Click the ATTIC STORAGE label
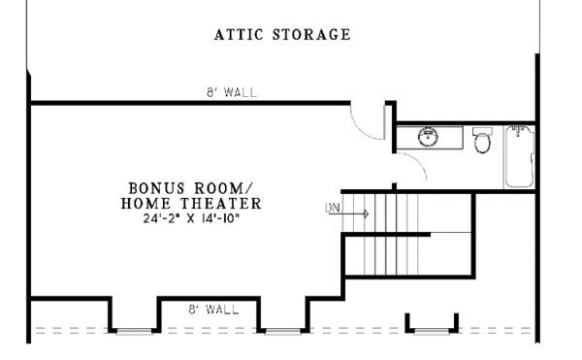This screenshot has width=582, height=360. [281, 36]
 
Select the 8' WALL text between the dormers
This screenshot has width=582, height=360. [213, 310]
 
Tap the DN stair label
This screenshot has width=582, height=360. [332, 207]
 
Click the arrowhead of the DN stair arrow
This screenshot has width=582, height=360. [367, 213]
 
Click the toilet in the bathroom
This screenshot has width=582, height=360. [481, 142]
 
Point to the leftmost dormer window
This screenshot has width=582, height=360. [133, 331]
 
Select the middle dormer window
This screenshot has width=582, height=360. [283, 331]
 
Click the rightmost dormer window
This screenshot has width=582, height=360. [430, 331]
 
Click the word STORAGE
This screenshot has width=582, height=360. [313, 36]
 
